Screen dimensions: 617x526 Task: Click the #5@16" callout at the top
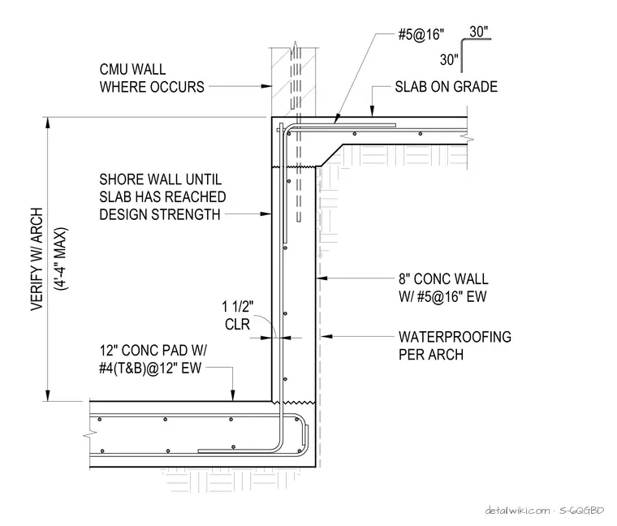[x=421, y=35]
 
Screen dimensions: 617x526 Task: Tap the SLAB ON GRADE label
[x=447, y=87]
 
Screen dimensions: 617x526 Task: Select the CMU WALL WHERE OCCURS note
[x=152, y=78]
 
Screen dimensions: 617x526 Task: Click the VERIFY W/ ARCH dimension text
[x=37, y=259]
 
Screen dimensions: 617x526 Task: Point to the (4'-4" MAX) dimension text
[x=61, y=259]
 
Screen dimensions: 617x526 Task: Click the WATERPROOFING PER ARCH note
[x=455, y=346]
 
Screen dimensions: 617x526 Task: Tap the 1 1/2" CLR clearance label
[x=238, y=315]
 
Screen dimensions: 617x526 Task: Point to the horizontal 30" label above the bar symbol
[x=479, y=32]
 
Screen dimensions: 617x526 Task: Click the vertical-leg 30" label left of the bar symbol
[x=450, y=60]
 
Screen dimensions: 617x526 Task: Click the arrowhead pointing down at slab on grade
[x=372, y=111]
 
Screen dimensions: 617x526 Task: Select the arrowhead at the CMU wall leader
[x=266, y=86]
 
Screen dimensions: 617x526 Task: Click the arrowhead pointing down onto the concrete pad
[x=233, y=396]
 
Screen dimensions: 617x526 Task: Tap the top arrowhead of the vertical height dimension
[x=48, y=123]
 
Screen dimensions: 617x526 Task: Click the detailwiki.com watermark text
[x=518, y=511]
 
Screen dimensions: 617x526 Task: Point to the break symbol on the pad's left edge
[x=90, y=435]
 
